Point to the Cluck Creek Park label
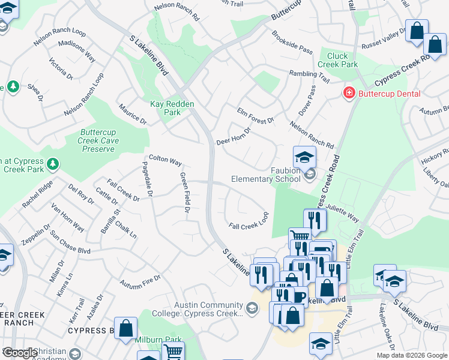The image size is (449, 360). (337, 60)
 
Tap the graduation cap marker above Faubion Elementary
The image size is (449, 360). (304, 157)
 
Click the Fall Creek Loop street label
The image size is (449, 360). (248, 221)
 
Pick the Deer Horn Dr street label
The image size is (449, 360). (234, 136)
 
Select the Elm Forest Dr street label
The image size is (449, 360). (255, 116)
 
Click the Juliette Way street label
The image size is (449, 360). (343, 215)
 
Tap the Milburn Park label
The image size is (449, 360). (158, 340)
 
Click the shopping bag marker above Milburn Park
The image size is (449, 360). (126, 328)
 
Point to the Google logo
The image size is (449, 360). (20, 353)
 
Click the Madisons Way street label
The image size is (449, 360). (77, 52)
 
